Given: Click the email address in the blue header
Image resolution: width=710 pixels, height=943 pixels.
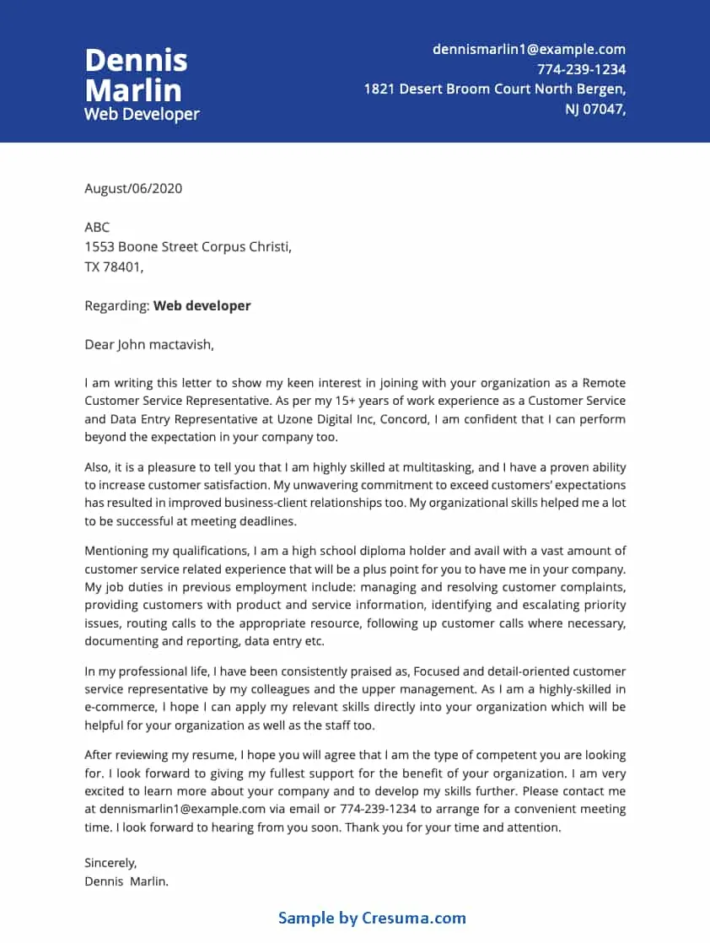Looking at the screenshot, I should [x=529, y=50].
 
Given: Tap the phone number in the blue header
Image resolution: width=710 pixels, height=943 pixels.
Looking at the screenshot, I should [x=581, y=69].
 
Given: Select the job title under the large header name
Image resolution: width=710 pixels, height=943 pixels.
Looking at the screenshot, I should [x=142, y=114].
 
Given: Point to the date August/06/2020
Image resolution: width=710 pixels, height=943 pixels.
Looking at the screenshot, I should [x=133, y=188].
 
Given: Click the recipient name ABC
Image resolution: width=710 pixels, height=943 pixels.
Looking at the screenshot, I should [x=97, y=228].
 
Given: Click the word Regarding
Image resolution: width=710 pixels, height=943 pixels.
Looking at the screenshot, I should [x=116, y=306].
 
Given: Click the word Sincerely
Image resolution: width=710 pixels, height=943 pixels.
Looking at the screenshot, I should [x=110, y=863].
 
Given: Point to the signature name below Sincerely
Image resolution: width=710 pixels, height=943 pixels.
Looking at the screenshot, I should [x=126, y=881].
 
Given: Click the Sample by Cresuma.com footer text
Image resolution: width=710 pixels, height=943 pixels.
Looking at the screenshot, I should [x=372, y=918].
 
